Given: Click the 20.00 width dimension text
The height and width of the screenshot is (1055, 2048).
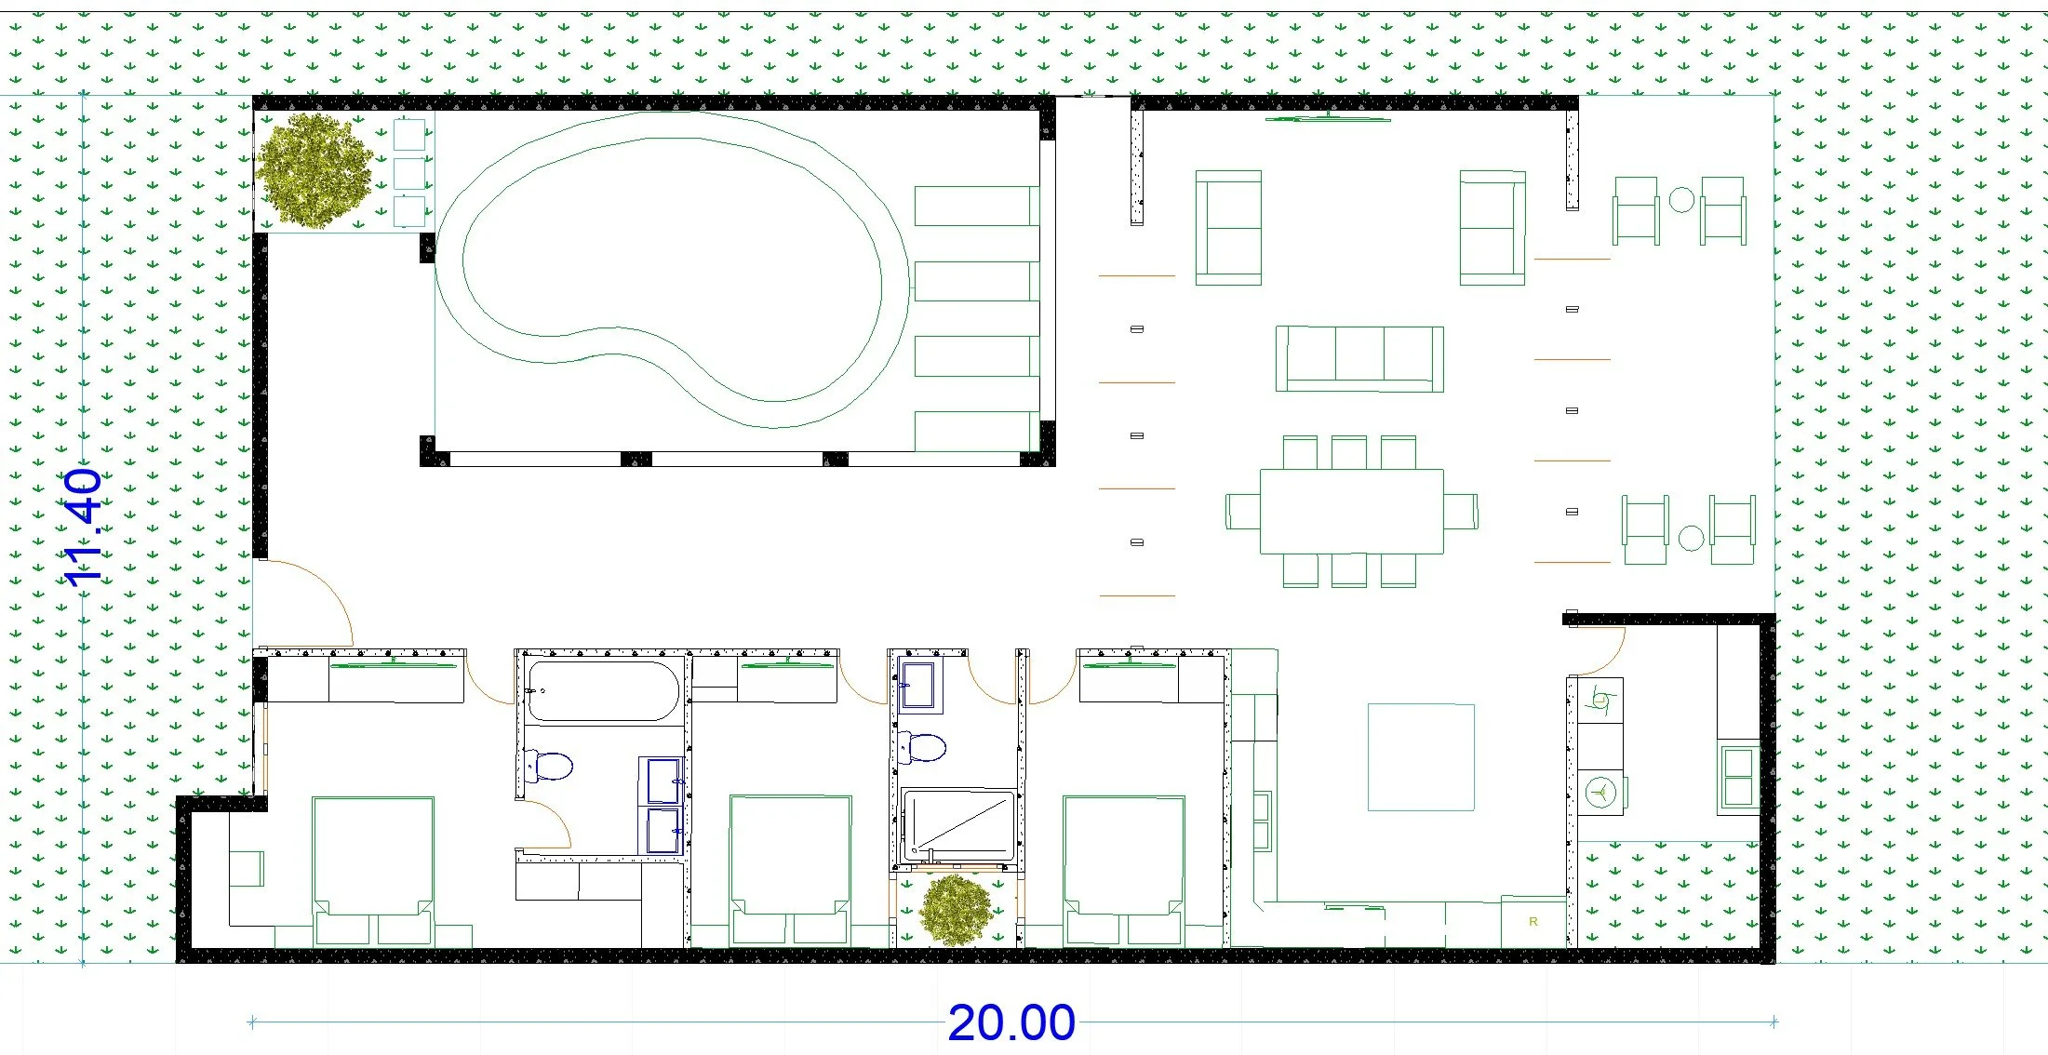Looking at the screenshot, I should point(1011,1022).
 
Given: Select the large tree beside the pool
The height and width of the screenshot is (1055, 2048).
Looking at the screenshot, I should point(315,171).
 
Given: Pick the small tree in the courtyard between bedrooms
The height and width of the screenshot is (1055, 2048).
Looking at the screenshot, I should point(956,909).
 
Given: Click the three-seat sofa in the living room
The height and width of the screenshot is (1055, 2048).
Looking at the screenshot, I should point(1359,358).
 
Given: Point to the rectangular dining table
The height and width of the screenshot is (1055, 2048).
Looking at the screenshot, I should point(1351,512).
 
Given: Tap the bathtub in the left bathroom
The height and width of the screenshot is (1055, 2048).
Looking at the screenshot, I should point(603,691).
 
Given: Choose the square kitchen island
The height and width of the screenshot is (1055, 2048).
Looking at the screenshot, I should point(1421,757).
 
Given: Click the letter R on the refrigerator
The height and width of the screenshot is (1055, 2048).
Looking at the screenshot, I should point(1533,922).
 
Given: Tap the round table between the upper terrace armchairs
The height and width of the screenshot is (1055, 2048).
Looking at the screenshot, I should point(1680,200).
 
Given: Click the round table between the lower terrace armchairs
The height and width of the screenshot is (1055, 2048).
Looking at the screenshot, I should point(1691,538).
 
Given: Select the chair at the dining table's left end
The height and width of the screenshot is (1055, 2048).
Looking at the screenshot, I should point(1243,511).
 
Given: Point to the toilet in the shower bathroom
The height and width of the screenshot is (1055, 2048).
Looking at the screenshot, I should point(923,747).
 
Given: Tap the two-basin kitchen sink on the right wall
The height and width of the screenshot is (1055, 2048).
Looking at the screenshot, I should point(1737,777).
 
